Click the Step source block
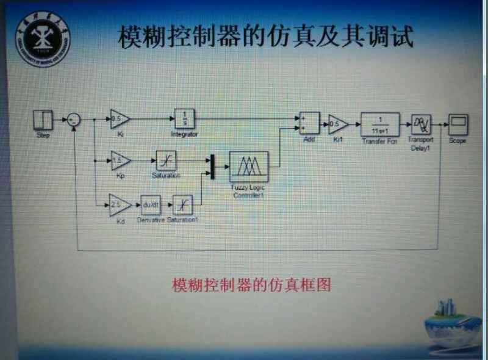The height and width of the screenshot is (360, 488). click(x=43, y=120)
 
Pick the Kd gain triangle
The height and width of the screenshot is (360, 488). click(x=118, y=203)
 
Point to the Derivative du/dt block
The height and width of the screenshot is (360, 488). click(x=149, y=204)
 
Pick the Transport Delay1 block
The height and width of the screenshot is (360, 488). click(x=421, y=124)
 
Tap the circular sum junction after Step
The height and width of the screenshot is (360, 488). click(x=73, y=120)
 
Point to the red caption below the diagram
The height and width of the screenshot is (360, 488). click(x=251, y=285)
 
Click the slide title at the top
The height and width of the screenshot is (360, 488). click(x=265, y=37)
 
